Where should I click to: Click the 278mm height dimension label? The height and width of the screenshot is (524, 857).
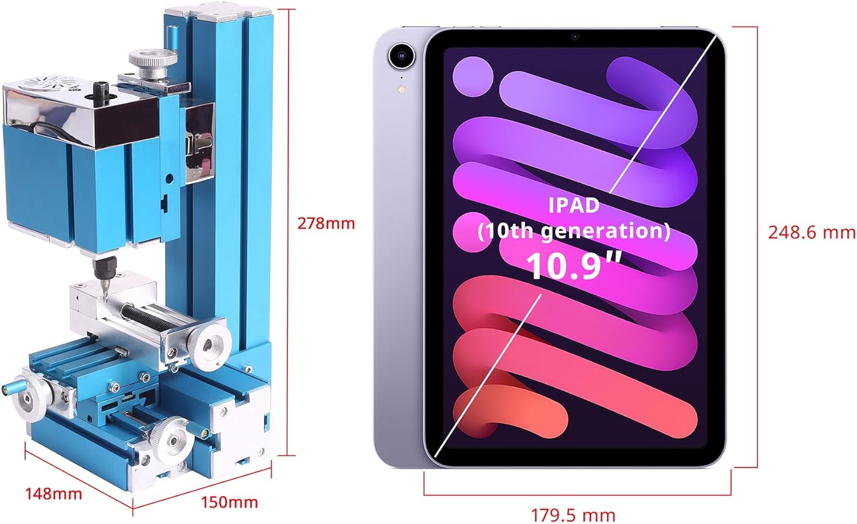(x=326, y=223)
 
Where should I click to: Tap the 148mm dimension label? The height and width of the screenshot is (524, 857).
(x=53, y=493)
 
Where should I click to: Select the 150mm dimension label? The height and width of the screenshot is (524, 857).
(x=229, y=502)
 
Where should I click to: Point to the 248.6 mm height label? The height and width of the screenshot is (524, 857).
(x=811, y=232)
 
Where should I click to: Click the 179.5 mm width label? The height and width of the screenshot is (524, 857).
(x=573, y=514)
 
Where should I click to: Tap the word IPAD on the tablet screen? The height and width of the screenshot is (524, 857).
(x=574, y=205)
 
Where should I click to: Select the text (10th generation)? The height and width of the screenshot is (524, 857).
(x=574, y=231)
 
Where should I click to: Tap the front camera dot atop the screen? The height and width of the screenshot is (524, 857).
(x=575, y=37)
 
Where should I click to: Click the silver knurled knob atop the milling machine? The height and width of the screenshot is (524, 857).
(x=153, y=59)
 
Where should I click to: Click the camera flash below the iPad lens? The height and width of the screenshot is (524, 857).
(x=401, y=89)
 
